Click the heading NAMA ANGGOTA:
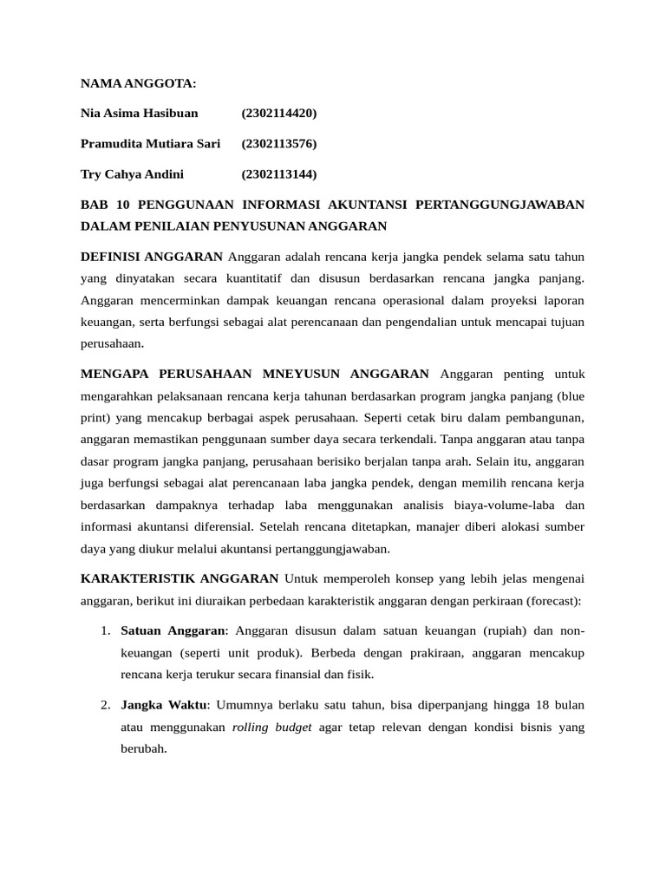(x=139, y=83)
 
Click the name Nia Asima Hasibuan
(x=139, y=114)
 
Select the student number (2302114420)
(x=279, y=114)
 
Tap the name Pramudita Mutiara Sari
(x=150, y=144)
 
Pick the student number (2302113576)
(x=279, y=144)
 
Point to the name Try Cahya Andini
(x=132, y=174)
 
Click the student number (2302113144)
(x=279, y=174)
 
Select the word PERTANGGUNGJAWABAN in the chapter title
(x=500, y=205)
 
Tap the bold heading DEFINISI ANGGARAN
(x=152, y=257)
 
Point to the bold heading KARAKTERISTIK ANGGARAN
(x=180, y=578)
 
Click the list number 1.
(x=104, y=630)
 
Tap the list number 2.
(x=104, y=705)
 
